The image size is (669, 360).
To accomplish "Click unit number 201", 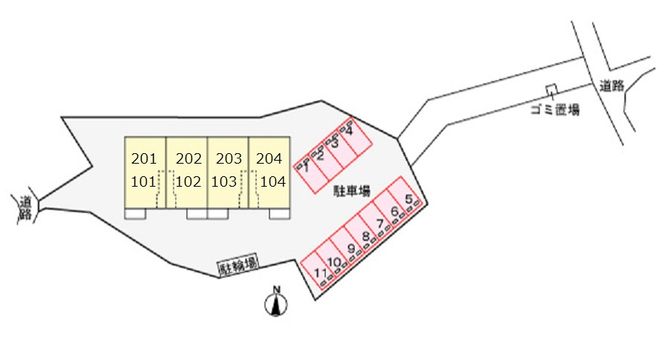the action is click(x=144, y=159).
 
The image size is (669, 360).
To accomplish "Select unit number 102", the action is click(x=188, y=182).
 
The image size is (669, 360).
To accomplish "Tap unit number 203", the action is click(x=229, y=159).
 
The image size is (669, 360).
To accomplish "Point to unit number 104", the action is click(x=273, y=182).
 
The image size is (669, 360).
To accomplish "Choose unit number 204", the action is click(x=269, y=159).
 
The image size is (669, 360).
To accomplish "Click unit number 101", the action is click(x=143, y=182).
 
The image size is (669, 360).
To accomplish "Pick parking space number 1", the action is click(x=306, y=168).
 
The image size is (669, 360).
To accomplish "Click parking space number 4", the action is click(x=349, y=131).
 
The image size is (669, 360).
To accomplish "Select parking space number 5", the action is click(x=409, y=199).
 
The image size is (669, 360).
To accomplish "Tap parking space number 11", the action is click(x=320, y=272).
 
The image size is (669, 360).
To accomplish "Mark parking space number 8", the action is click(x=366, y=236).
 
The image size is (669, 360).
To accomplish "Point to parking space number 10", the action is click(x=334, y=262).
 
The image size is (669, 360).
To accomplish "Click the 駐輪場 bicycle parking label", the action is click(x=239, y=265).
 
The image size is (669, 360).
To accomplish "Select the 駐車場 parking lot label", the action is click(x=352, y=191).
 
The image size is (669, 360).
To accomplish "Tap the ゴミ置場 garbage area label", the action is click(x=555, y=110).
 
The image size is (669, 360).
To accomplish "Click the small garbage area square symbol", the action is click(x=552, y=89).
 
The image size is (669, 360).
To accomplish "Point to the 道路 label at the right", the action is click(x=612, y=86).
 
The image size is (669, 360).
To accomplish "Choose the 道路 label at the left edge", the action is click(x=25, y=208).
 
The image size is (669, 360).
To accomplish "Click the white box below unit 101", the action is click(x=135, y=214).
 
